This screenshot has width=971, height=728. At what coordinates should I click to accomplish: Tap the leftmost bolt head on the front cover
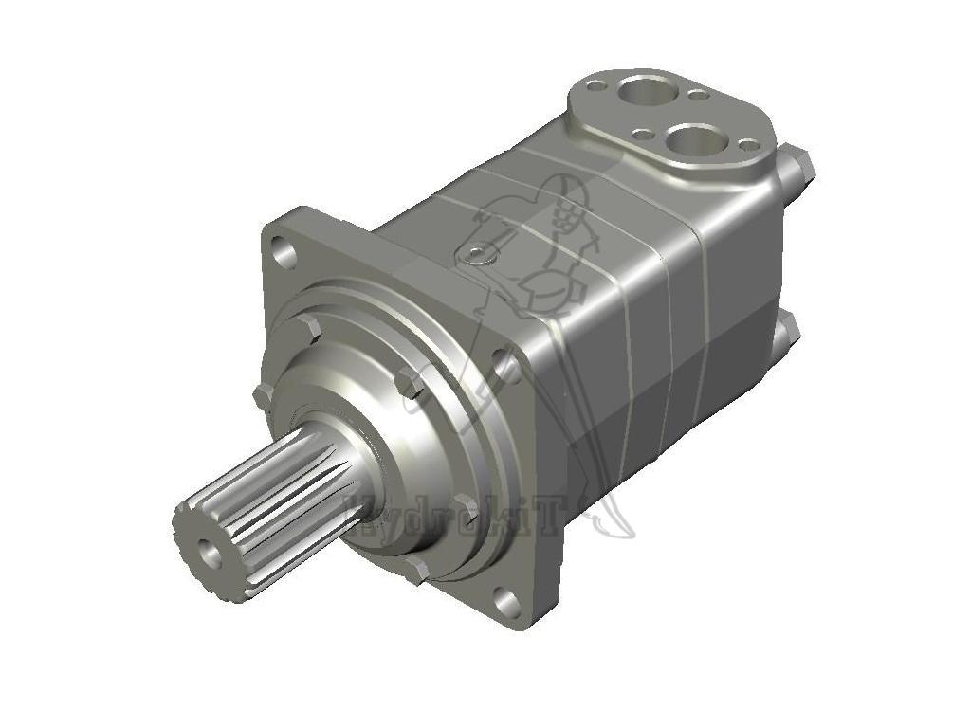[263, 395]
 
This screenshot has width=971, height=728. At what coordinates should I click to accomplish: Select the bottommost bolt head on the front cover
[414, 570]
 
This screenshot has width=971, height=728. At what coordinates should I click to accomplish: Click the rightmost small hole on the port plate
[748, 145]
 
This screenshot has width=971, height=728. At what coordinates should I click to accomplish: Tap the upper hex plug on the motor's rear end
[799, 167]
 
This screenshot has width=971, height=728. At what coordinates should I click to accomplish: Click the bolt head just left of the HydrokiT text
[414, 570]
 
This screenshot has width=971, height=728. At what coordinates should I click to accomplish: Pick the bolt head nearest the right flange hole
[410, 383]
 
